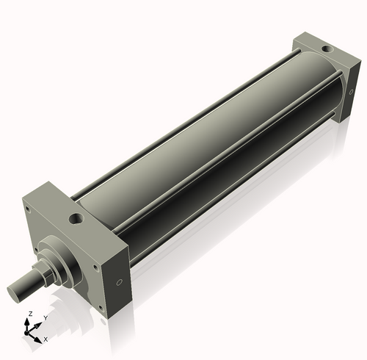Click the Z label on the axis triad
tap(29, 314)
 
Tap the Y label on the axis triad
tap(45, 317)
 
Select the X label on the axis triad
tap(46, 339)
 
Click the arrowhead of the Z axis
tap(29, 321)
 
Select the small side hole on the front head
tap(117, 283)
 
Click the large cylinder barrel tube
tap(213, 140)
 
